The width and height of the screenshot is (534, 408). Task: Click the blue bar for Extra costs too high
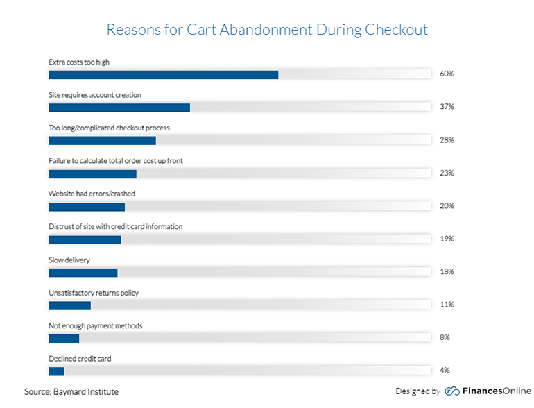tap(164, 75)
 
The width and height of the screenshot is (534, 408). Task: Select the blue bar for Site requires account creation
tap(119, 108)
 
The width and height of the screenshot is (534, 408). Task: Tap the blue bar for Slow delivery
tap(83, 272)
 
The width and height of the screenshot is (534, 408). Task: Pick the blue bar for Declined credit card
tap(56, 371)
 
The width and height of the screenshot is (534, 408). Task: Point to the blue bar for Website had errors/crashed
tap(87, 207)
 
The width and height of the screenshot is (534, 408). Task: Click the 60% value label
tap(447, 74)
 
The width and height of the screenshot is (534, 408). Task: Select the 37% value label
tap(447, 107)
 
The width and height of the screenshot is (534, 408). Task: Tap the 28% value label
tap(447, 139)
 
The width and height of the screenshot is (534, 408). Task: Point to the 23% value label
tap(447, 173)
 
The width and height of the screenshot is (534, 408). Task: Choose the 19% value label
tap(447, 239)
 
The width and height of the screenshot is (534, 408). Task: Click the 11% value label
tap(447, 305)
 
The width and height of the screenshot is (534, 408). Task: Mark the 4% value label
tap(445, 370)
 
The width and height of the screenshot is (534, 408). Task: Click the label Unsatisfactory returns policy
tap(94, 293)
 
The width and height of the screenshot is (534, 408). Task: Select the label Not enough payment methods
tap(96, 326)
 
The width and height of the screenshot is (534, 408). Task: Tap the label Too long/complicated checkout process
tap(109, 128)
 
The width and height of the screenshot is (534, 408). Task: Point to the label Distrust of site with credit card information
tap(115, 227)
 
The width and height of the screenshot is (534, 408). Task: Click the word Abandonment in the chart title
tap(266, 30)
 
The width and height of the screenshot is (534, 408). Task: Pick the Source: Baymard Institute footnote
tap(71, 391)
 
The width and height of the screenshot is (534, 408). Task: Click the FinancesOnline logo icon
tap(452, 391)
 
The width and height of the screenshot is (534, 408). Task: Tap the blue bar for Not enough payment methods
tap(64, 339)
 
